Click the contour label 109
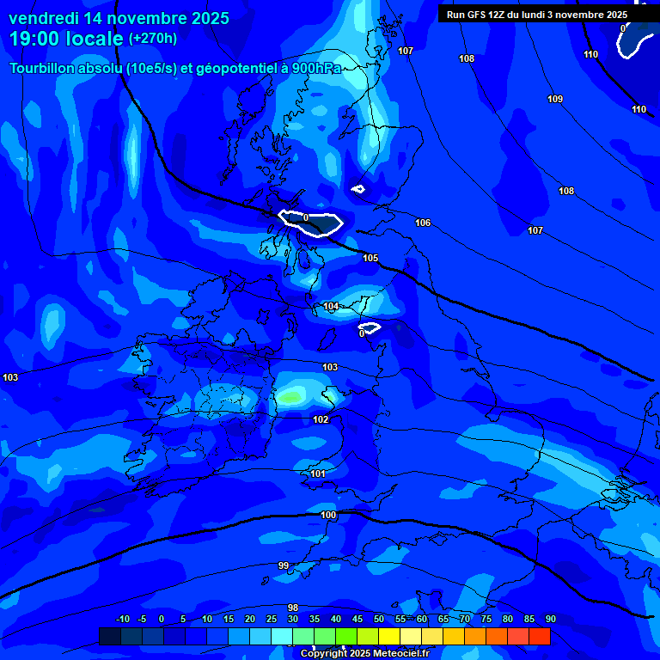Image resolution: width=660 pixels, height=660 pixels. pyautogui.click(x=555, y=100)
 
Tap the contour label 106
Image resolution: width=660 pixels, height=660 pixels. pyautogui.click(x=423, y=223)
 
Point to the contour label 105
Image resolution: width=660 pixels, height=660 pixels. pyautogui.click(x=370, y=259)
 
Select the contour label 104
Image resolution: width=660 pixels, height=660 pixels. pyautogui.click(x=332, y=307)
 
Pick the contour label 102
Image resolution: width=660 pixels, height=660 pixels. pyautogui.click(x=321, y=420)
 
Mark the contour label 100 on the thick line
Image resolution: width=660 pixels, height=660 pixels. pyautogui.click(x=328, y=516)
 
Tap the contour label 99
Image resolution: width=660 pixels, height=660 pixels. pyautogui.click(x=284, y=565)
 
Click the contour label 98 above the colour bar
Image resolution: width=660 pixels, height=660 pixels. pyautogui.click(x=293, y=608)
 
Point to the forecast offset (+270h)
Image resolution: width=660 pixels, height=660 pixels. pyautogui.click(x=153, y=39)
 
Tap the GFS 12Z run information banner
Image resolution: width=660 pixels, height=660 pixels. pyautogui.click(x=537, y=15)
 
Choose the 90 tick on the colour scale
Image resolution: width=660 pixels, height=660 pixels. pyautogui.click(x=550, y=620)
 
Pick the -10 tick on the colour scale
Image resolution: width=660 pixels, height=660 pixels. pyautogui.click(x=122, y=620)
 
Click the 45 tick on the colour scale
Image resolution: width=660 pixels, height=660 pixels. pyautogui.click(x=357, y=620)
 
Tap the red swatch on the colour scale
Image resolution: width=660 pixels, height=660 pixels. pyautogui.click(x=539, y=636)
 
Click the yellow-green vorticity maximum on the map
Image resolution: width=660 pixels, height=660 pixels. pyautogui.click(x=292, y=397)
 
